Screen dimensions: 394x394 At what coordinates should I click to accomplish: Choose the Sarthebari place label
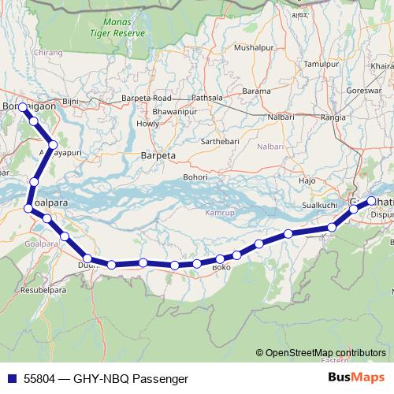tap(224, 141)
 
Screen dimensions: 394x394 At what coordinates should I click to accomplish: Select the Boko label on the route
tap(221, 268)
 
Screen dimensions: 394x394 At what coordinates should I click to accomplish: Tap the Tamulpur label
tap(321, 63)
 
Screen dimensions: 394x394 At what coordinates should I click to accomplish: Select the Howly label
tap(148, 124)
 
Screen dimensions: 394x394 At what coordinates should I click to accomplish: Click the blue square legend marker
tap(10, 378)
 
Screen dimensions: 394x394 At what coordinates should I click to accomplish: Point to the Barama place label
tap(256, 91)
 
